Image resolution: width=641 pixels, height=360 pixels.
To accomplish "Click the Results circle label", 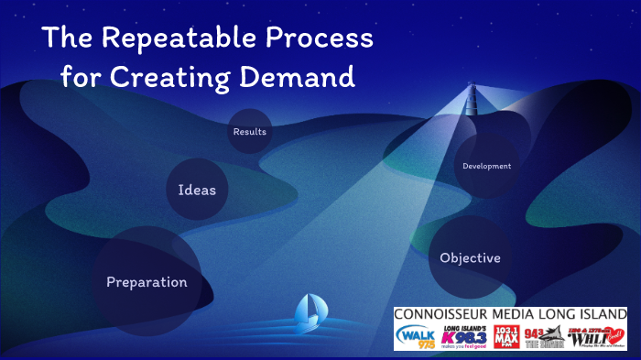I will (250, 132).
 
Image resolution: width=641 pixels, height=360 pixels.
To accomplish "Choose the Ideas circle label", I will (197, 190).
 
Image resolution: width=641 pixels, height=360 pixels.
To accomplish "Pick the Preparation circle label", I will (147, 282).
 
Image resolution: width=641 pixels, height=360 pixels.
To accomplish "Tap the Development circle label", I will (486, 166).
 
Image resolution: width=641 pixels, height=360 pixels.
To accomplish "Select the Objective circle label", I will (470, 257).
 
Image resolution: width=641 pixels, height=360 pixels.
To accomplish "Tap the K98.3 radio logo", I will (464, 337).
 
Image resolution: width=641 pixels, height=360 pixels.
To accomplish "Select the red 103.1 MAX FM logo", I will (505, 336).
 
